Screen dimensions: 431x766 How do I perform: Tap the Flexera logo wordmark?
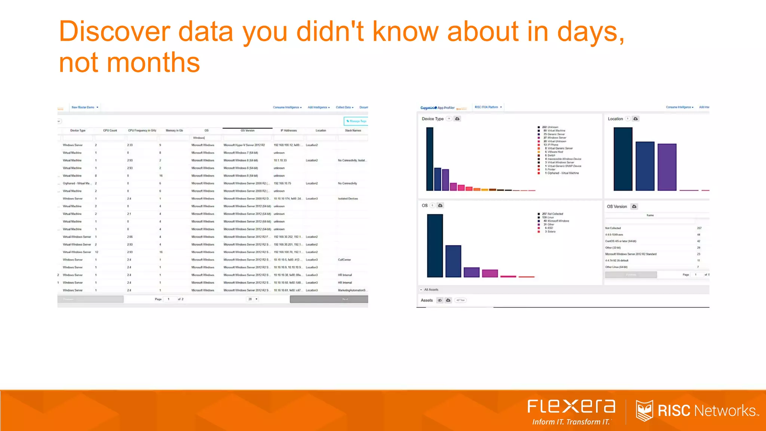(571, 406)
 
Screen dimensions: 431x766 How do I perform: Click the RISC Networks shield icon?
(644, 410)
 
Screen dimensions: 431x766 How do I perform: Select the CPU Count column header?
(110, 131)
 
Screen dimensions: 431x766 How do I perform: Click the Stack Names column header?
(353, 131)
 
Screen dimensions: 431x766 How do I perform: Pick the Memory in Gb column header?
(174, 131)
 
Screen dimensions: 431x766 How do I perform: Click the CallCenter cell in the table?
(344, 260)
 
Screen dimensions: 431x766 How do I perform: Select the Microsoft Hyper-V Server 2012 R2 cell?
(244, 145)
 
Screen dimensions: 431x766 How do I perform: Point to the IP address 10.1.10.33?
(280, 161)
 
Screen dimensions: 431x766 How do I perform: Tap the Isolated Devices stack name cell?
(348, 199)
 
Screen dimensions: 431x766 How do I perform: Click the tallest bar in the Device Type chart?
(430, 159)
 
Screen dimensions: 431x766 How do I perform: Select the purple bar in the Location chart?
(667, 167)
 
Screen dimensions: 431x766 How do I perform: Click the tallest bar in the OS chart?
(435, 245)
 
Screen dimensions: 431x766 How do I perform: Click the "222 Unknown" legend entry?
(550, 127)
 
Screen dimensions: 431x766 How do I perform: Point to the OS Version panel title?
(617, 207)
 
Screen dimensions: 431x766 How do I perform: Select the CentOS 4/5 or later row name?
(621, 241)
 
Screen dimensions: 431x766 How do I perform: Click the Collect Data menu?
(344, 107)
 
